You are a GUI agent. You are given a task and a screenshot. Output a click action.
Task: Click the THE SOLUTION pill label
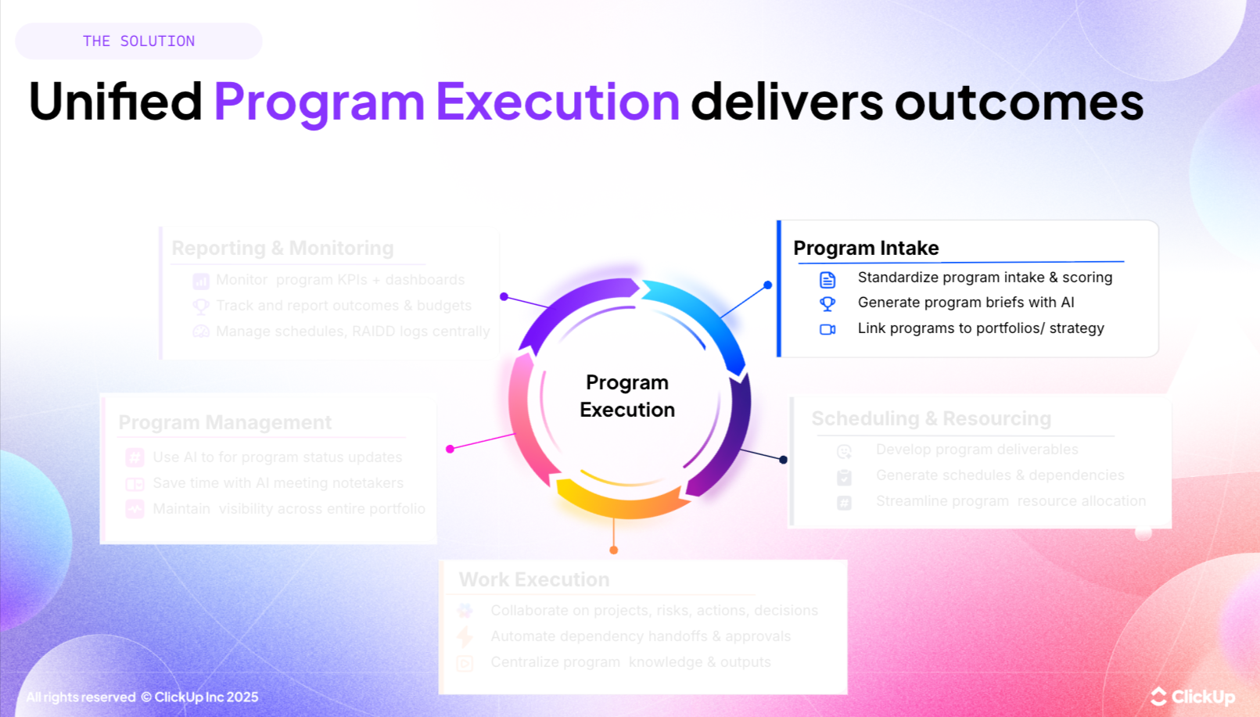click(138, 41)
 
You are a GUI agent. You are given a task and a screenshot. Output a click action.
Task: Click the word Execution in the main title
click(558, 102)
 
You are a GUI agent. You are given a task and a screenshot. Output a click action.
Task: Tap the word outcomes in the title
click(1018, 102)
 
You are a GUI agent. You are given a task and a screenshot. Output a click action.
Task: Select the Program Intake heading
click(866, 248)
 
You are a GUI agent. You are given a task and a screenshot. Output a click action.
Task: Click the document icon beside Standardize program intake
click(827, 279)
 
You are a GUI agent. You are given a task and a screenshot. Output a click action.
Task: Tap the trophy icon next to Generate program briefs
click(827, 303)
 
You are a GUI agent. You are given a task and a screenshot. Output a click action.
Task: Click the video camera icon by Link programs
click(827, 329)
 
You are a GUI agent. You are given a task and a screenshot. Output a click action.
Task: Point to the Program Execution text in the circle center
click(627, 396)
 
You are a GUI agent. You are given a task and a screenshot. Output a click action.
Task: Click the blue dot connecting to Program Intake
click(768, 285)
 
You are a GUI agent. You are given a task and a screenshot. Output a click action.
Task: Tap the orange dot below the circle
click(614, 550)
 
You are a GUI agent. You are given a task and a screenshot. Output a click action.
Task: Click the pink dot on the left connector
click(451, 449)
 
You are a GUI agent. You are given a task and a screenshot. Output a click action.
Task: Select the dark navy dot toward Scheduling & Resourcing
click(783, 460)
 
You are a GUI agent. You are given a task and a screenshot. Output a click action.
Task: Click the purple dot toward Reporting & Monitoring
click(504, 296)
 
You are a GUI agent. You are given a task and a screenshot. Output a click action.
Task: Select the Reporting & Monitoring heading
click(282, 248)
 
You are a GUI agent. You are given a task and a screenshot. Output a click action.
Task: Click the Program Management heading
click(224, 422)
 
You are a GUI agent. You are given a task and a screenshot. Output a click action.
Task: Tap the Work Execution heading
click(533, 579)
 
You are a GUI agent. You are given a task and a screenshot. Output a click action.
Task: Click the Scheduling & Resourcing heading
click(931, 418)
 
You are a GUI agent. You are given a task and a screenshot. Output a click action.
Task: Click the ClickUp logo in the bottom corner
click(1193, 696)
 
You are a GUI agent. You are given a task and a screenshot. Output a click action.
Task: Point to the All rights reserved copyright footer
click(142, 697)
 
